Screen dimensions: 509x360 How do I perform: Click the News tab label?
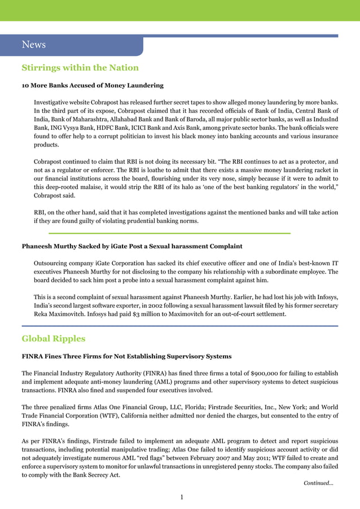[x=33, y=45]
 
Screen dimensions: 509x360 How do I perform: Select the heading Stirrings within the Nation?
[x=80, y=68]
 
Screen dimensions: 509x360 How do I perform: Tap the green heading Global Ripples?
[x=54, y=339]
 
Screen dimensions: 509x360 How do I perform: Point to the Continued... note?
[x=318, y=483]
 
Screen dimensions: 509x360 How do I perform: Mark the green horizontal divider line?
[x=169, y=232]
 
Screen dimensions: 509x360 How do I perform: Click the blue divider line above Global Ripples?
[x=179, y=326]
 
